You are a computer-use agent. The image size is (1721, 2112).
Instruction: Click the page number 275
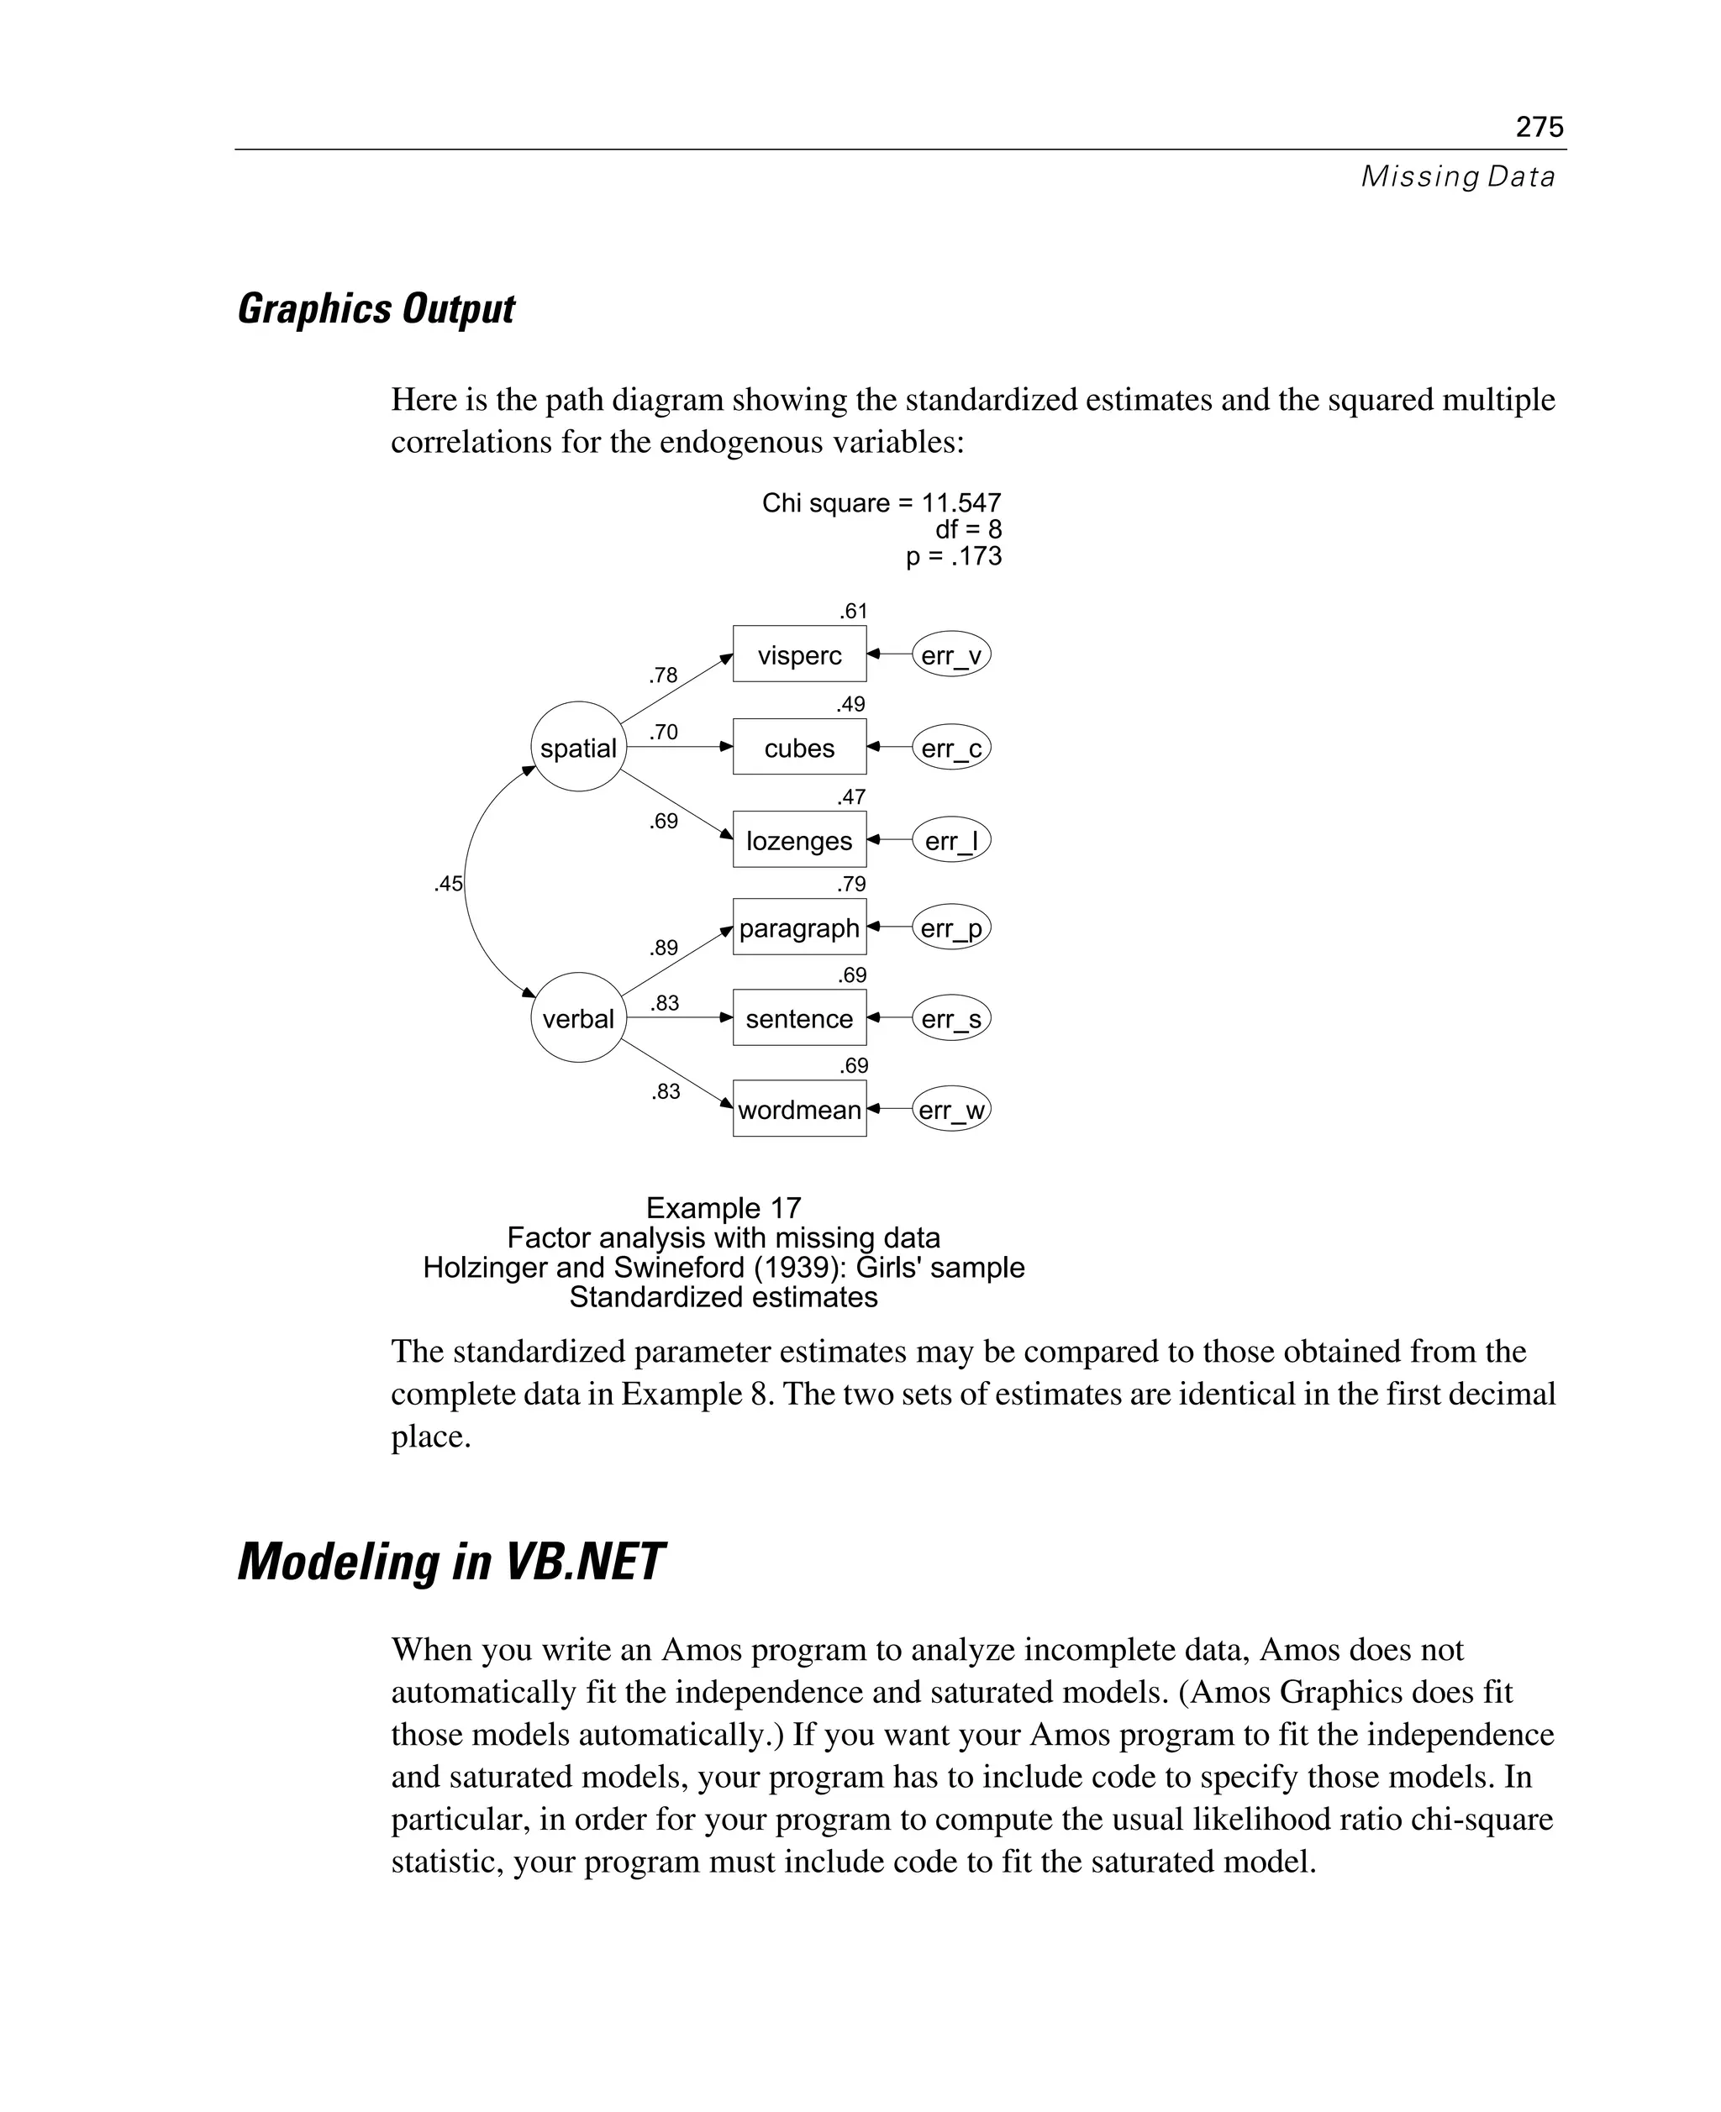pos(1539,127)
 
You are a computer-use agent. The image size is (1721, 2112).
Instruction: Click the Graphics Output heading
pos(376,309)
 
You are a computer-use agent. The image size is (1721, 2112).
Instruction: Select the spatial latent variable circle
pos(578,748)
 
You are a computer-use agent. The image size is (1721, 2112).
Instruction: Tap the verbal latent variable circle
pos(578,1018)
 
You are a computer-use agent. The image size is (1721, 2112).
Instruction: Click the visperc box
pos(799,655)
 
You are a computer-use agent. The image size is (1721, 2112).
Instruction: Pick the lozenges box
pos(799,840)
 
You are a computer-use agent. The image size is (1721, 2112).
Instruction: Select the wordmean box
pos(799,1109)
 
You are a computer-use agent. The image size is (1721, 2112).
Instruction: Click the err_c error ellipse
pos(950,749)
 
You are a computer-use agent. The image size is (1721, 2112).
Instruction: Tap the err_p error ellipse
pos(950,928)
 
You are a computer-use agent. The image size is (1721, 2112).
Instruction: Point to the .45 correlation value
pos(448,883)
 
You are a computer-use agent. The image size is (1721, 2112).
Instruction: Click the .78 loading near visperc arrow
pos(663,675)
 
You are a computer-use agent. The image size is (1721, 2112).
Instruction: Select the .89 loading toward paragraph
pos(663,948)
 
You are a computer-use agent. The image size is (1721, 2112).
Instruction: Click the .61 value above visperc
pos(853,611)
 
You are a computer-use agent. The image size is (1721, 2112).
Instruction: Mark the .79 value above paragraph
pos(850,883)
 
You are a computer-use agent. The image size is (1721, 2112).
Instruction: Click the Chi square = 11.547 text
pos(882,502)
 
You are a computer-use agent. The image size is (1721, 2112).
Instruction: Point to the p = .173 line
pos(953,556)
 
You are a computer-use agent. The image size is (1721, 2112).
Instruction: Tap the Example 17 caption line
pos(723,1207)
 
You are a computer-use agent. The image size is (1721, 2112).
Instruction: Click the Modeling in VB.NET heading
pos(451,1562)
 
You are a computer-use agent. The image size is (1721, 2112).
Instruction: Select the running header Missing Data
pos(1457,176)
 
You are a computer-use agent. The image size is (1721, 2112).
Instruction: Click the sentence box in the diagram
pos(799,1019)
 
